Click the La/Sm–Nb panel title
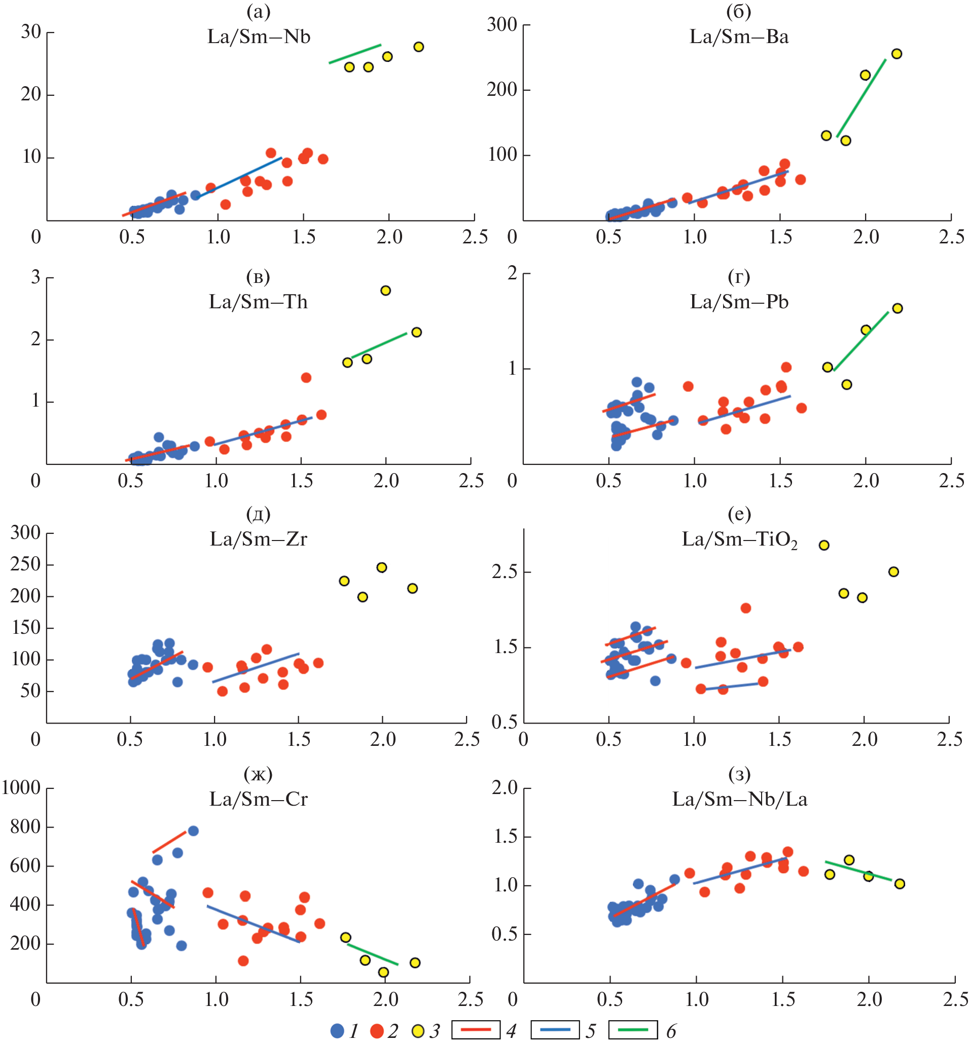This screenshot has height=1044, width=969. click(x=259, y=37)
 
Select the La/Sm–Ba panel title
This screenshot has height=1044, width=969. click(x=738, y=37)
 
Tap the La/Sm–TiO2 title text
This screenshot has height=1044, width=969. click(x=739, y=539)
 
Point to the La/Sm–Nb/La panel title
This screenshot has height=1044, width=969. click(x=739, y=799)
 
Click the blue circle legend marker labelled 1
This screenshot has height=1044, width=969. click(x=337, y=1031)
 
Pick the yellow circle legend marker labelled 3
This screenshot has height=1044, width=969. click(x=418, y=1031)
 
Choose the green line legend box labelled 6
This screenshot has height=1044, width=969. click(x=632, y=1030)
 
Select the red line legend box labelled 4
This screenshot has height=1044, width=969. click(x=475, y=1030)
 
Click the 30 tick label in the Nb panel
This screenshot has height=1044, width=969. click(x=31, y=32)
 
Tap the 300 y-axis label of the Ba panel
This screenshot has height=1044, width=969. click(x=502, y=25)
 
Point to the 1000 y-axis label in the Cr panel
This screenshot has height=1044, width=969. click(x=21, y=787)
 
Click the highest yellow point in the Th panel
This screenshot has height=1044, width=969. click(x=385, y=291)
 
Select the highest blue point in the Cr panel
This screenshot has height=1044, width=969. click(x=193, y=831)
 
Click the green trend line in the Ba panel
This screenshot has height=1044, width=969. click(x=861, y=98)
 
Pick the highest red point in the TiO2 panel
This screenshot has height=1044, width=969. click(x=745, y=608)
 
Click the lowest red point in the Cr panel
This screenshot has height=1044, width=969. click(x=243, y=961)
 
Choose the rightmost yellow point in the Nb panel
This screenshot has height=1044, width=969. click(x=418, y=47)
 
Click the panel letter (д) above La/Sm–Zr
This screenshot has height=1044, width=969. click(x=258, y=515)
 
